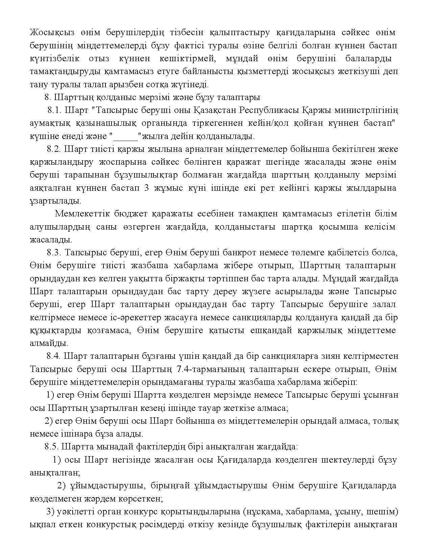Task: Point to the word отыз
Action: click(x=99, y=59)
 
